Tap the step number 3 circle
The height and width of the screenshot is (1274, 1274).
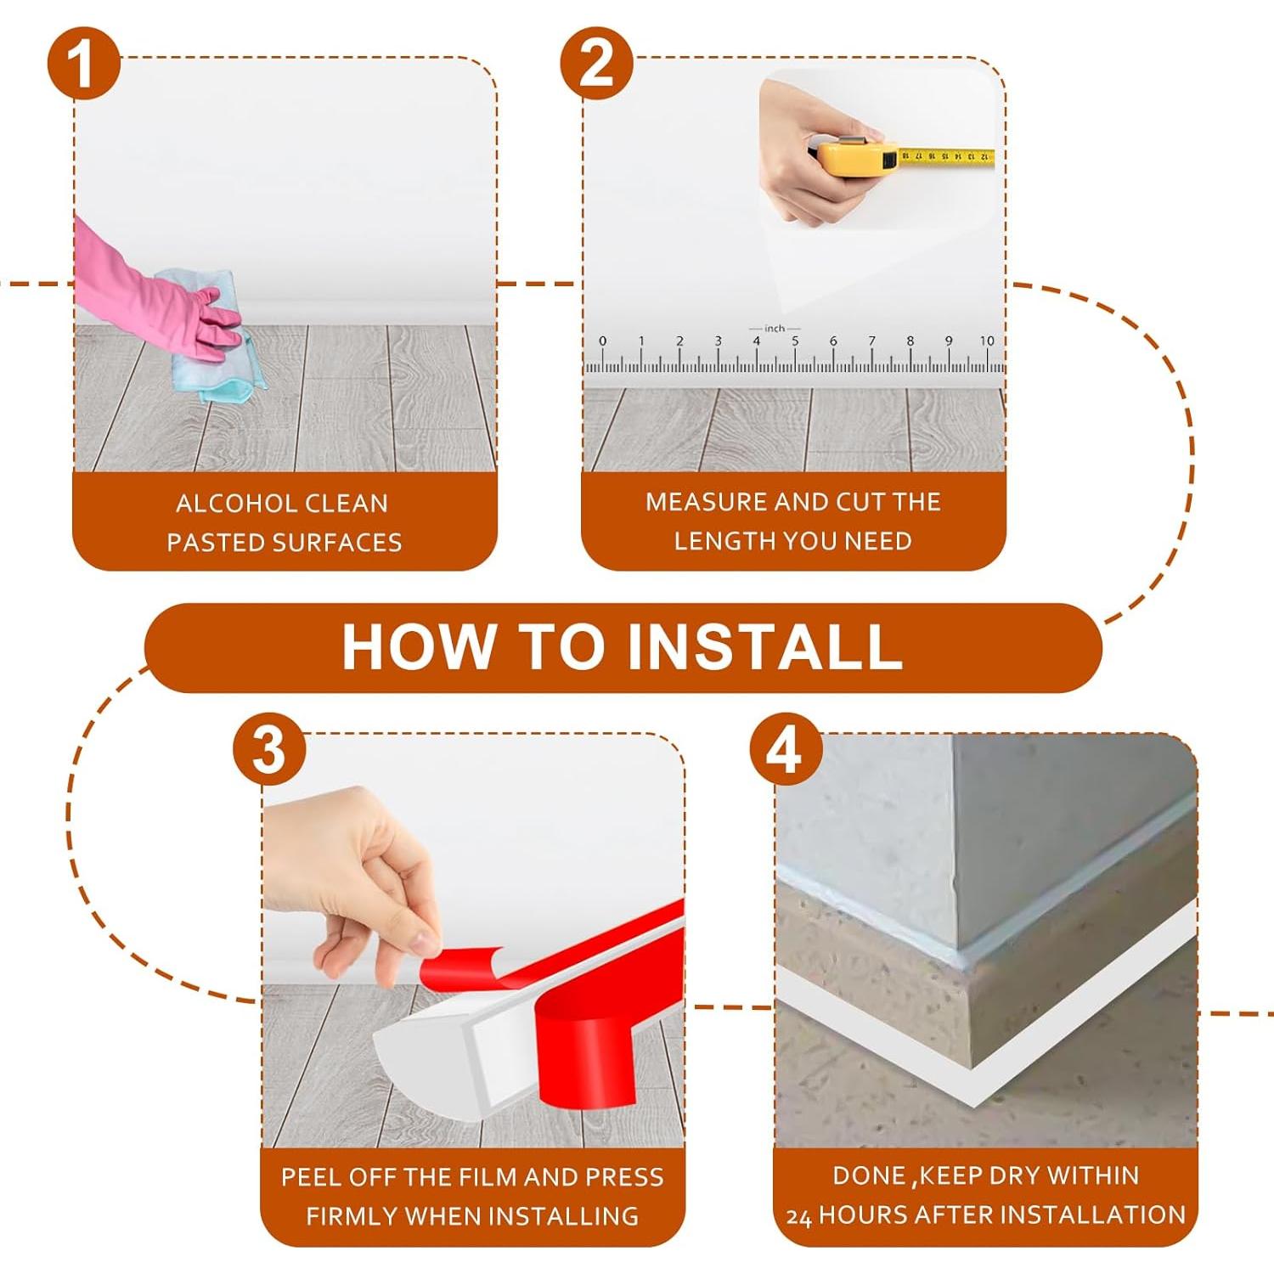coord(269,750)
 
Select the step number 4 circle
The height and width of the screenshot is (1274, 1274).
coord(786,750)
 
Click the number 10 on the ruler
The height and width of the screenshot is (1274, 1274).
coord(987,341)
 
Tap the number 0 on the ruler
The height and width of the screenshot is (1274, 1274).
coord(602,341)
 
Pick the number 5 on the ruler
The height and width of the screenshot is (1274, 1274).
coord(795,341)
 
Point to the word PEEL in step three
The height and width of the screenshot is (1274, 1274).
coord(312,1177)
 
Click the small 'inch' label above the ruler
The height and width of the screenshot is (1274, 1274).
coord(775,328)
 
